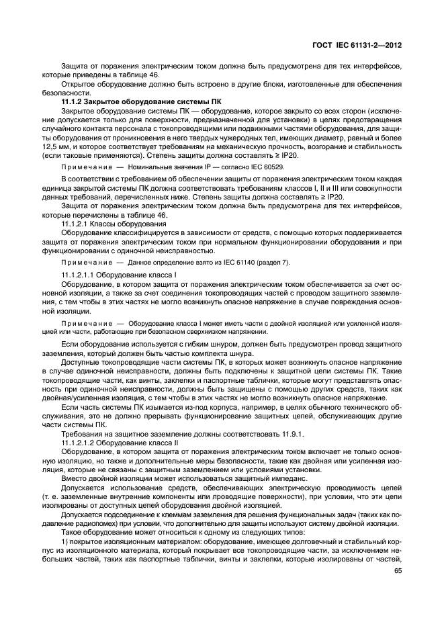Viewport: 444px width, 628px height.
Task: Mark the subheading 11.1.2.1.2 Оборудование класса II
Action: (x=124, y=443)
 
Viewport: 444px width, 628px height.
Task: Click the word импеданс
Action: (x=272, y=478)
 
